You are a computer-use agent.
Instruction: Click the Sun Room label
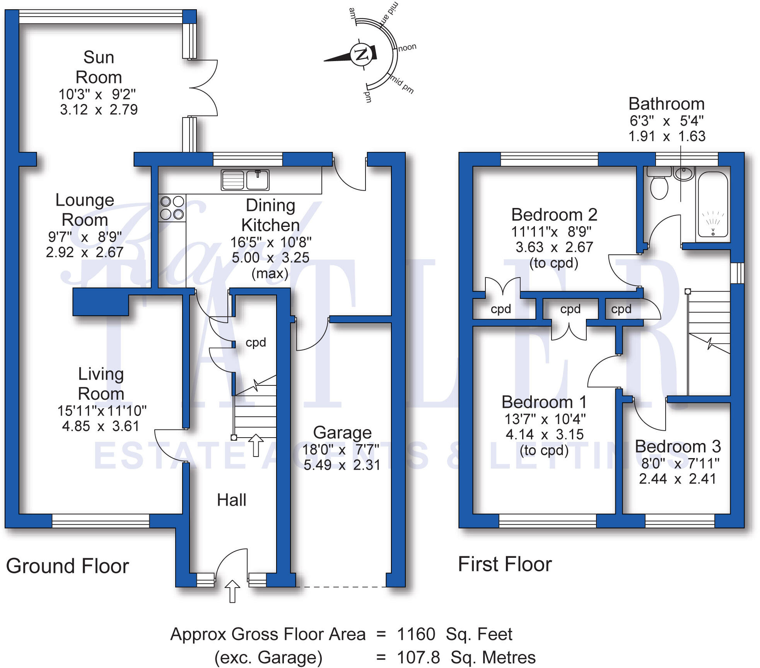pyautogui.click(x=99, y=67)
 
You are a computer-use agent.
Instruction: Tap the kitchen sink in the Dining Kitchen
pyautogui.click(x=245, y=180)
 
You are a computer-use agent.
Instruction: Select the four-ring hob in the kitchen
pyautogui.click(x=172, y=208)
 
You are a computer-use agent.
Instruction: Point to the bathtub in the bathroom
pyautogui.click(x=712, y=206)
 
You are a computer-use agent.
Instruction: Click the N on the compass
pyautogui.click(x=362, y=55)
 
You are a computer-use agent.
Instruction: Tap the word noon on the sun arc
pyautogui.click(x=407, y=48)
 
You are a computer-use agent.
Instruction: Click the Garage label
pyautogui.click(x=342, y=433)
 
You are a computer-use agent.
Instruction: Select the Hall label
pyautogui.click(x=231, y=500)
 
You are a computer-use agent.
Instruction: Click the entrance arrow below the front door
pyautogui.click(x=232, y=591)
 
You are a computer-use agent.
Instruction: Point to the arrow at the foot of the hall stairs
pyautogui.click(x=256, y=445)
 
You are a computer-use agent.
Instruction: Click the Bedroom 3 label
pyautogui.click(x=678, y=446)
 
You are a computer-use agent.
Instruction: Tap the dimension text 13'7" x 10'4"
pyautogui.click(x=545, y=419)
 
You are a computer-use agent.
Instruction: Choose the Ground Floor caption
pyautogui.click(x=67, y=566)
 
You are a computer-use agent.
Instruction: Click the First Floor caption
pyautogui.click(x=505, y=564)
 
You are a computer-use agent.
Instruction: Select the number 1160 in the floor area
pyautogui.click(x=416, y=634)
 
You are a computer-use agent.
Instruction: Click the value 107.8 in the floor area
pyautogui.click(x=418, y=658)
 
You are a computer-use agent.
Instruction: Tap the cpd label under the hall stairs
pyautogui.click(x=256, y=343)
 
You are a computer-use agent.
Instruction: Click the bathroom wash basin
pyautogui.click(x=684, y=173)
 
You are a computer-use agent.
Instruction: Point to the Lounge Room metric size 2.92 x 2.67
pyautogui.click(x=84, y=252)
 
